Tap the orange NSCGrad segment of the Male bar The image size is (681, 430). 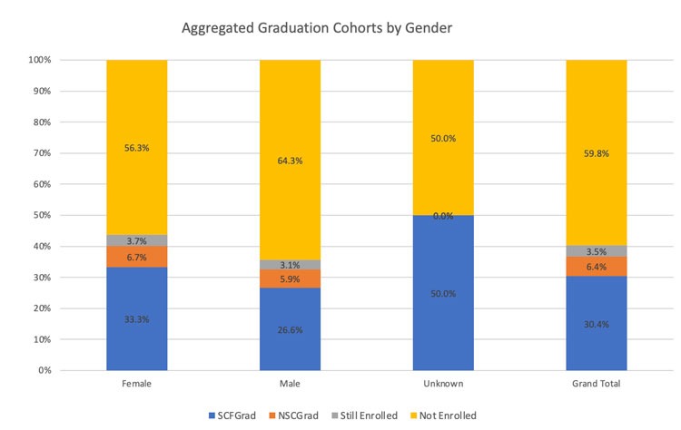pyautogui.click(x=291, y=279)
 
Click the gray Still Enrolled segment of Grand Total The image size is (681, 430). pyautogui.click(x=597, y=250)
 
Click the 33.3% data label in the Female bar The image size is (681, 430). pyautogui.click(x=137, y=318)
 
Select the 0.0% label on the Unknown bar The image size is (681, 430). pyautogui.click(x=443, y=216)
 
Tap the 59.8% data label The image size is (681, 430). pyautogui.click(x=597, y=153)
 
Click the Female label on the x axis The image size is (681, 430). pyautogui.click(x=137, y=384)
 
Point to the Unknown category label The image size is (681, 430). pyautogui.click(x=443, y=384)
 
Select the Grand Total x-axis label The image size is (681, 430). pyautogui.click(x=597, y=384)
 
